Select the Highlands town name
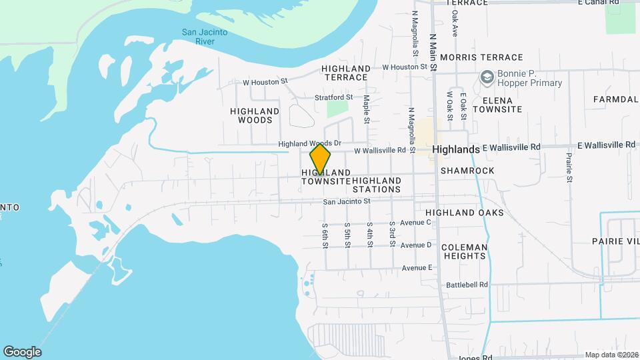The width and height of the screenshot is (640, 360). [x=455, y=149]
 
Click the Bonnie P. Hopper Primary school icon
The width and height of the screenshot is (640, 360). [x=487, y=78]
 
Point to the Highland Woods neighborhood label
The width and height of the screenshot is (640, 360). [x=255, y=115]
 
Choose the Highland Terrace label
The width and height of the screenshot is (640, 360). [x=345, y=73]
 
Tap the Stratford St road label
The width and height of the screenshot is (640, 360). [x=334, y=97]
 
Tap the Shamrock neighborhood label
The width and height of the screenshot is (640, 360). [x=467, y=171]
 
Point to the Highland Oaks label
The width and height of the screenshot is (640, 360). [x=465, y=213]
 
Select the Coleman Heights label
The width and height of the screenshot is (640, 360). [x=464, y=251]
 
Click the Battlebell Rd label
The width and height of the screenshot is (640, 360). [x=467, y=284]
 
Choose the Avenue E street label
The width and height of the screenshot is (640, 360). [x=417, y=268]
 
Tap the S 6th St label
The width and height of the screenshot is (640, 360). [x=325, y=235]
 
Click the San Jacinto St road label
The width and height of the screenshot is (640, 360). [x=346, y=201]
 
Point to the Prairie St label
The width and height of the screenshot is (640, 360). [x=569, y=167]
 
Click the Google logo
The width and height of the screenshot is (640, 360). [x=22, y=352]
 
